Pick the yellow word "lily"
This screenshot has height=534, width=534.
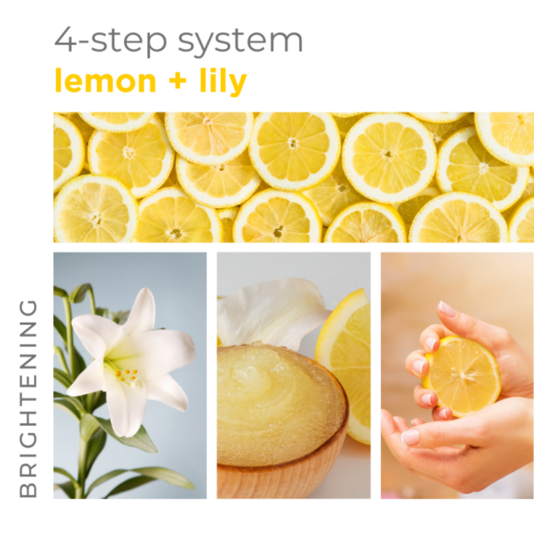click(223, 81)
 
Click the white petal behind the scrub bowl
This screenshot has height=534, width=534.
click(271, 312)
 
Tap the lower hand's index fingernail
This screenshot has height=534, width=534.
click(410, 437)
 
